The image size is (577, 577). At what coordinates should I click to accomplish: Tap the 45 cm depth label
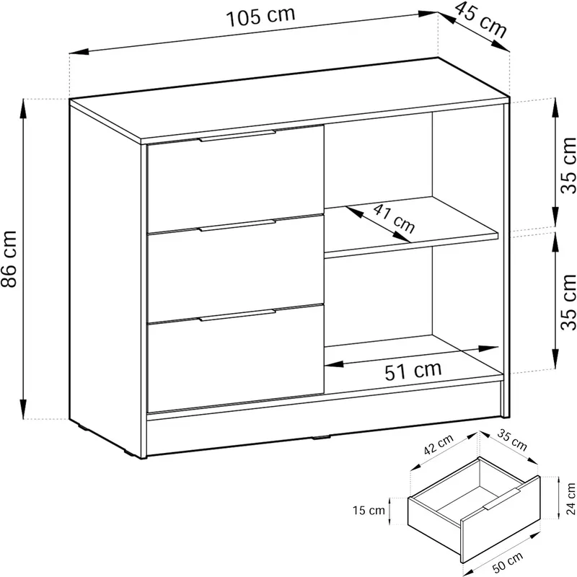(x=480, y=20)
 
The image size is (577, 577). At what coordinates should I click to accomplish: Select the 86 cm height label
(x=9, y=259)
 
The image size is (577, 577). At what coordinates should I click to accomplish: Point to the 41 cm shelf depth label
(x=394, y=219)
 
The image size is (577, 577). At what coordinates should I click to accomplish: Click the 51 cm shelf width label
(x=413, y=371)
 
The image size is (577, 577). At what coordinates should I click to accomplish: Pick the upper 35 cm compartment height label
(x=568, y=165)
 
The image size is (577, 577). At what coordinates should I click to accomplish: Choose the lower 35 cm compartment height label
(x=568, y=302)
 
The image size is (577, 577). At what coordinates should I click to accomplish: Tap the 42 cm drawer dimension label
(x=439, y=444)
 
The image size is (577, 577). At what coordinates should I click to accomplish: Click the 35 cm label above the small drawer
(x=512, y=440)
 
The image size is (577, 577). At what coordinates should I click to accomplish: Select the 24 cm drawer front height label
(x=571, y=498)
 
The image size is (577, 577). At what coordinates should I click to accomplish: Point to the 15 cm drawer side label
(x=369, y=511)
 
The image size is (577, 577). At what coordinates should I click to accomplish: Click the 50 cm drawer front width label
(x=508, y=563)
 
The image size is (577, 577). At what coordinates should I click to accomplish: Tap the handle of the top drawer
(x=237, y=136)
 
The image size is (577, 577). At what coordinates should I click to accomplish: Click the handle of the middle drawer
(x=237, y=226)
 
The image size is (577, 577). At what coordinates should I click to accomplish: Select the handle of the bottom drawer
(x=237, y=315)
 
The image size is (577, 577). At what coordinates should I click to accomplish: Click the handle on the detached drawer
(x=502, y=499)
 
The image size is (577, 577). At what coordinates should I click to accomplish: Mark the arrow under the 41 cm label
(x=378, y=224)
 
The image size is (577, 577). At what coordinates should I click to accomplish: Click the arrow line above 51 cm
(x=411, y=356)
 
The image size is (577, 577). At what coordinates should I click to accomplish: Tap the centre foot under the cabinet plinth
(x=321, y=438)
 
